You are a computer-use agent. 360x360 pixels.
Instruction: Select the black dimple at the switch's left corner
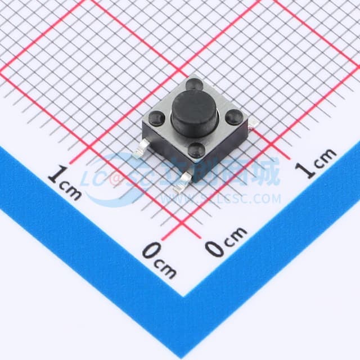click(x=158, y=118)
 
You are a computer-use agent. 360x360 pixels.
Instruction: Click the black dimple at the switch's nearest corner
click(x=196, y=148)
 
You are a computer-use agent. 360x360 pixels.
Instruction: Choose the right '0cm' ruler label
click(x=226, y=240)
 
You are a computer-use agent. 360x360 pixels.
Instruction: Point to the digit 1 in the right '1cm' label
click(x=307, y=169)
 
